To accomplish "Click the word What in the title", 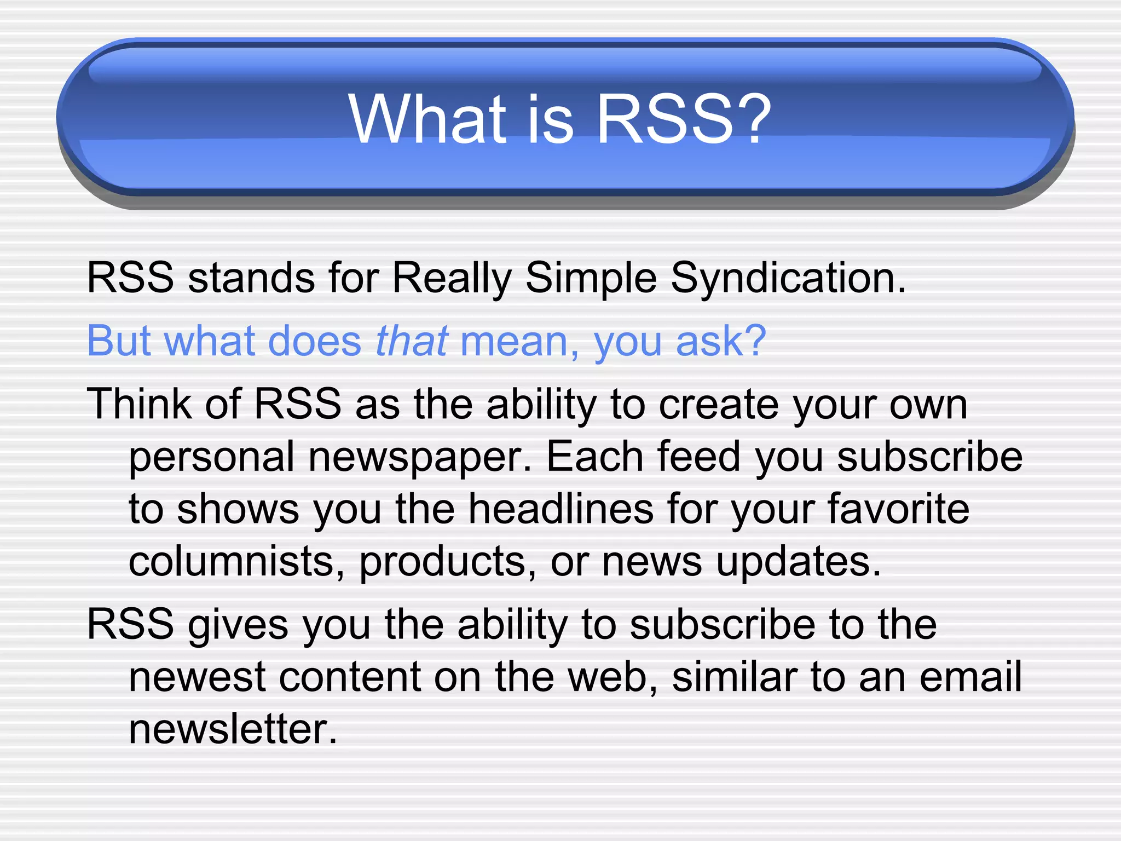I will point(427,119).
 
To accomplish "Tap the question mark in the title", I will point(754,119).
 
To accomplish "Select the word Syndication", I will point(788,278).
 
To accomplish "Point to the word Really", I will point(452,278).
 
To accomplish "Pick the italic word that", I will point(412,341).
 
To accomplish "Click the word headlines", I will point(561,509).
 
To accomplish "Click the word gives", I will point(238,625).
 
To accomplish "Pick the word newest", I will point(197,677).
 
